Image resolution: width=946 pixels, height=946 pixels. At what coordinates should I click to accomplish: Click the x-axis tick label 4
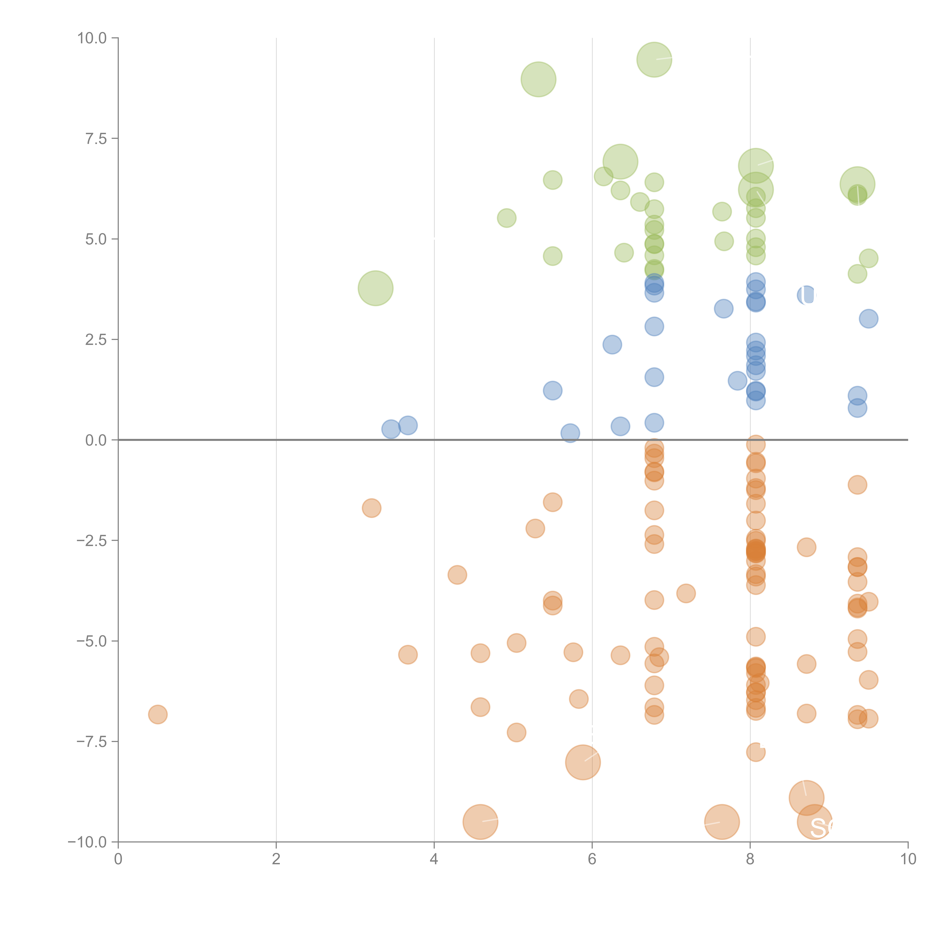coord(434,859)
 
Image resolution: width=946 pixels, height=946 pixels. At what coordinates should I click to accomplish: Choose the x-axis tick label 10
coord(908,859)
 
